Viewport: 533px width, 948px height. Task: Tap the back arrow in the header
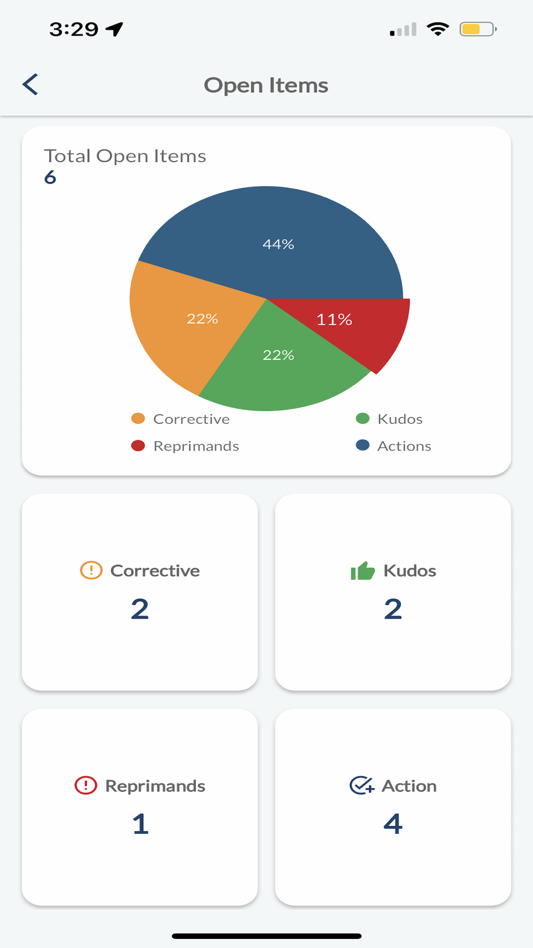click(30, 84)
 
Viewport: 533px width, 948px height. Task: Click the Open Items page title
click(266, 85)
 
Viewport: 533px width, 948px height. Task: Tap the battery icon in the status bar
click(478, 29)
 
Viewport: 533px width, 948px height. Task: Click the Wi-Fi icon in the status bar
click(438, 29)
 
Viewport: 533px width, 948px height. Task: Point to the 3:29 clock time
click(74, 29)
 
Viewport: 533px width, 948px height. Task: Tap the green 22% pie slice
click(277, 363)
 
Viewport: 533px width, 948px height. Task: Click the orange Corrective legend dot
click(138, 419)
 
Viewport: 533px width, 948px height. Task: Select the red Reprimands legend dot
click(138, 446)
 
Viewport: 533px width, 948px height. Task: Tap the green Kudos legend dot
click(362, 419)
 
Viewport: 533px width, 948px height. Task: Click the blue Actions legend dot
click(362, 445)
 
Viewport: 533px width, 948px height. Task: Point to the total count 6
click(50, 177)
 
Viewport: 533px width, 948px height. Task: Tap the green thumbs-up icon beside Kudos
click(362, 571)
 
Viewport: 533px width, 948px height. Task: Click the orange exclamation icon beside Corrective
click(91, 570)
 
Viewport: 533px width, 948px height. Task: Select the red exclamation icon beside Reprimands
click(86, 785)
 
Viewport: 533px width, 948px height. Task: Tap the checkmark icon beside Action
click(362, 785)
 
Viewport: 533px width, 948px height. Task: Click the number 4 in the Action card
click(393, 824)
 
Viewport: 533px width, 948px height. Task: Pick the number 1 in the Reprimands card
click(140, 824)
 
